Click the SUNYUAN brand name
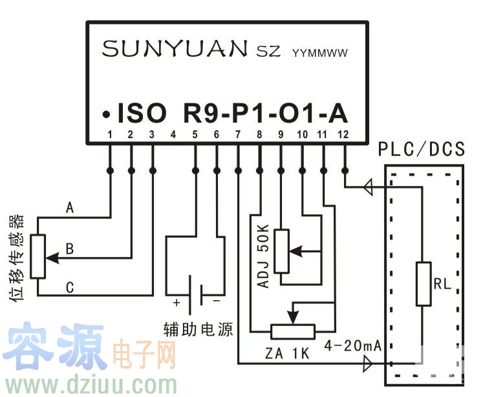pyautogui.click(x=175, y=49)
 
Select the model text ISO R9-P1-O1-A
pyautogui.click(x=233, y=114)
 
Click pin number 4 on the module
pyautogui.click(x=173, y=135)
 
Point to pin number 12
pyautogui.click(x=343, y=135)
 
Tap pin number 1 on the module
pyautogui.click(x=110, y=135)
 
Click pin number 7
pyautogui.click(x=237, y=135)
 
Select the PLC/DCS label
pyautogui.click(x=422, y=150)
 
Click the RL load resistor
pyautogui.click(x=424, y=283)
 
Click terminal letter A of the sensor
pyautogui.click(x=70, y=208)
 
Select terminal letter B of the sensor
pyautogui.click(x=70, y=249)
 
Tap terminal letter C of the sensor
pyautogui.click(x=70, y=288)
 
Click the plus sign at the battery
pyautogui.click(x=175, y=301)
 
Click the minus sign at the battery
pyautogui.click(x=217, y=301)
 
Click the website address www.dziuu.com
pyautogui.click(x=91, y=385)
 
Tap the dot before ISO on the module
pyautogui.click(x=104, y=116)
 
